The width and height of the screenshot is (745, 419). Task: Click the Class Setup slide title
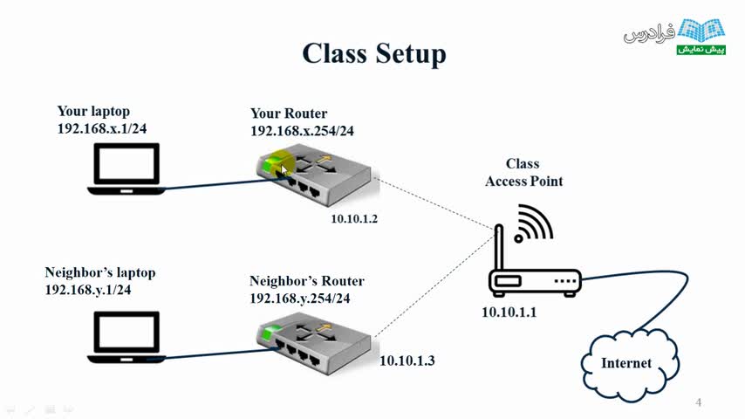373,54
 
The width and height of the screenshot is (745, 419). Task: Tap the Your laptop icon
127,169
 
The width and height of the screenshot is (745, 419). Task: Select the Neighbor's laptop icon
127,335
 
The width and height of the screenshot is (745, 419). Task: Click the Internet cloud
625,360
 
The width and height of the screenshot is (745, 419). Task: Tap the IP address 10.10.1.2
354,218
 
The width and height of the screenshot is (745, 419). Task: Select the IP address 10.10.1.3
407,360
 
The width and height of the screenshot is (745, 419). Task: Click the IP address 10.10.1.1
511,312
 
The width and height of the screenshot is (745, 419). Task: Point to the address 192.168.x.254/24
302,131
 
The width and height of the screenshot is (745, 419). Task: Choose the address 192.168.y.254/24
300,298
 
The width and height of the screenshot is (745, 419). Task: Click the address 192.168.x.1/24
100,127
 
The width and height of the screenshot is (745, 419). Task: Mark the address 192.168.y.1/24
88,289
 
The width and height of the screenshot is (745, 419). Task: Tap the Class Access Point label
523,173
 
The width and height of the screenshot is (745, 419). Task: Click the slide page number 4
699,402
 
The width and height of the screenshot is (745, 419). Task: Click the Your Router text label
289,113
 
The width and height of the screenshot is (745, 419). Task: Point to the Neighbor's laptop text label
100,272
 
